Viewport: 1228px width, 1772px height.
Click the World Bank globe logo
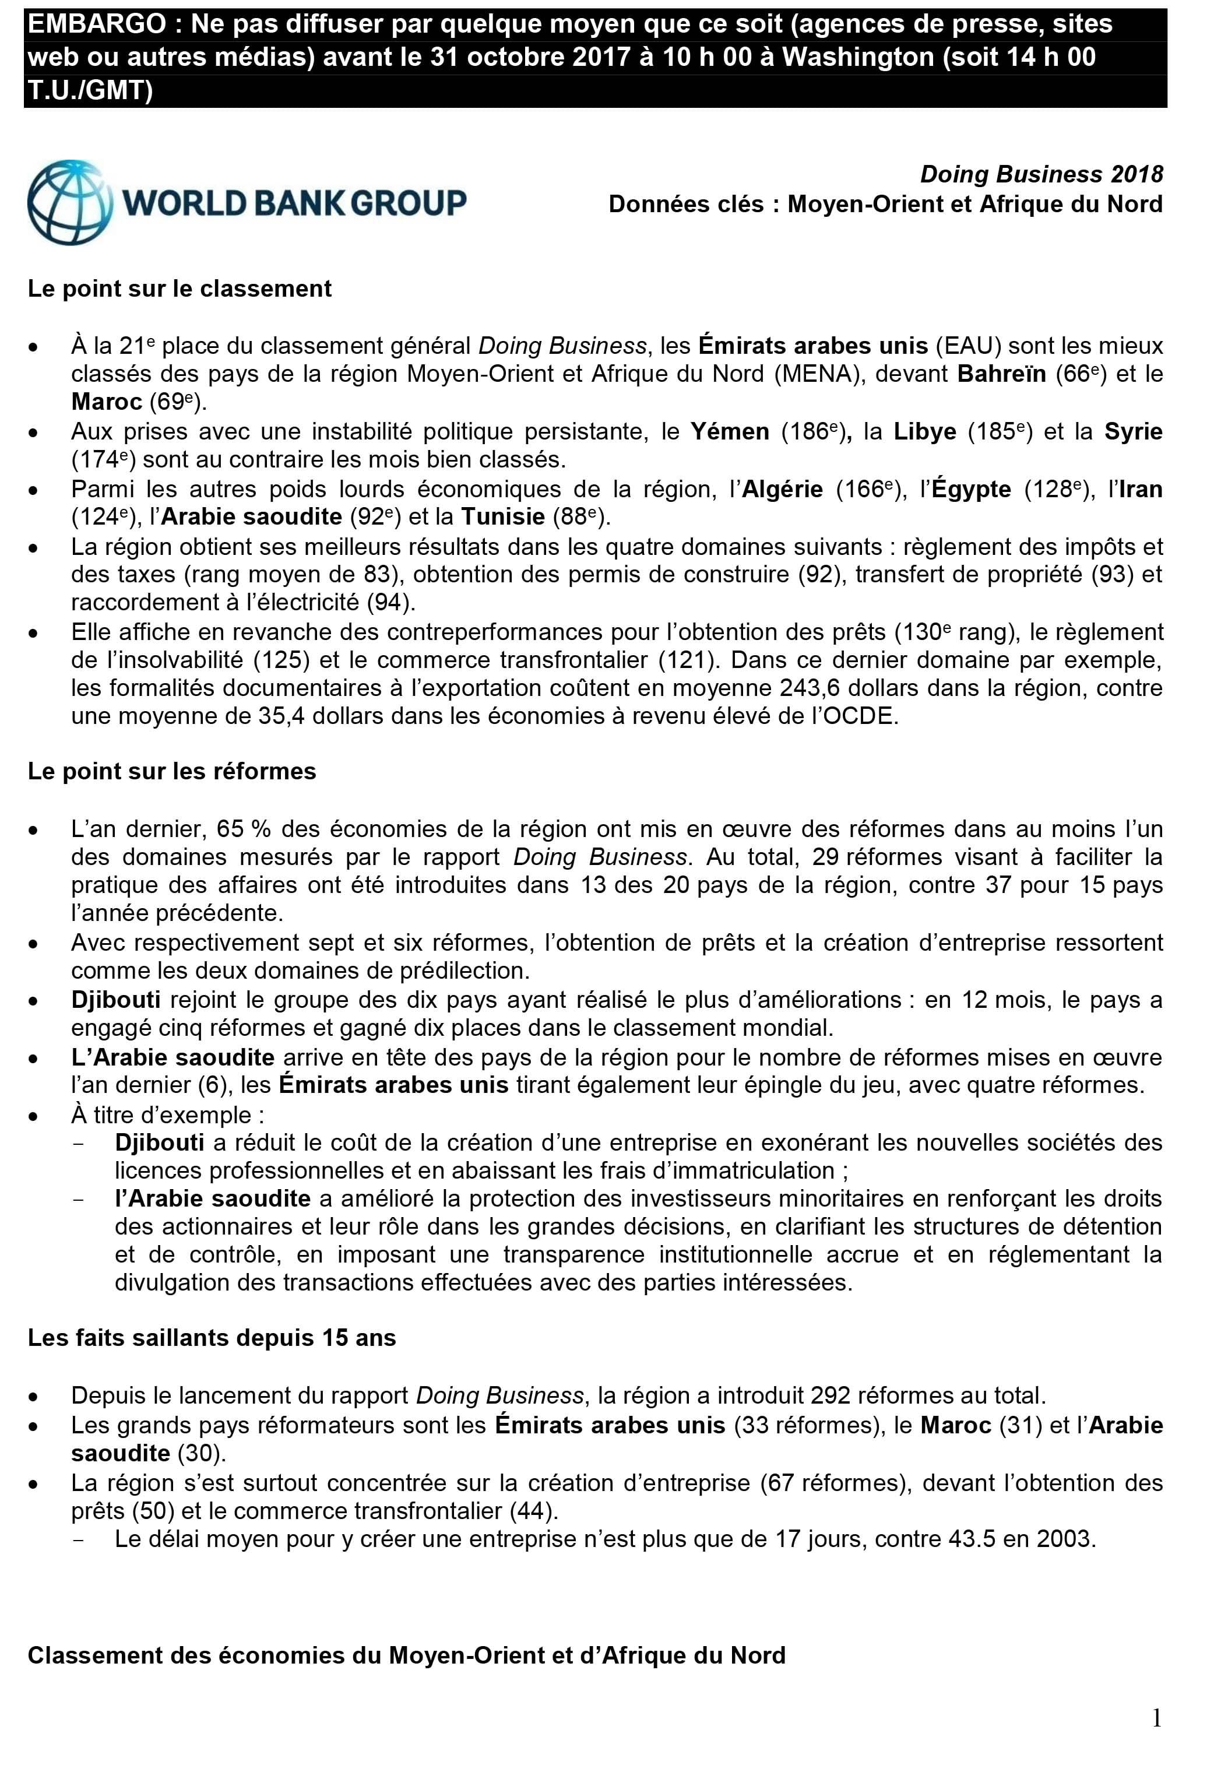(x=70, y=202)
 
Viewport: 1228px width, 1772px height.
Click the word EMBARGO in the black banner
(x=97, y=24)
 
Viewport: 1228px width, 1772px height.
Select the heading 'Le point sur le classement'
(x=180, y=289)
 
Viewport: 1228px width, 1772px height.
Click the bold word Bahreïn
(x=1001, y=374)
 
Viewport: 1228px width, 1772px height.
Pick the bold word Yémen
(x=730, y=432)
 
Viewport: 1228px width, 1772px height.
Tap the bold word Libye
(x=924, y=432)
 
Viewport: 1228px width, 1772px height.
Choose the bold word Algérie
(x=782, y=490)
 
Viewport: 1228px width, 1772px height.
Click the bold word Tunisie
(x=503, y=516)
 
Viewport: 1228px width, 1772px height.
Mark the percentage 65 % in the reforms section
(x=242, y=829)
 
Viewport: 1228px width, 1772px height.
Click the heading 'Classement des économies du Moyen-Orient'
(x=406, y=1655)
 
